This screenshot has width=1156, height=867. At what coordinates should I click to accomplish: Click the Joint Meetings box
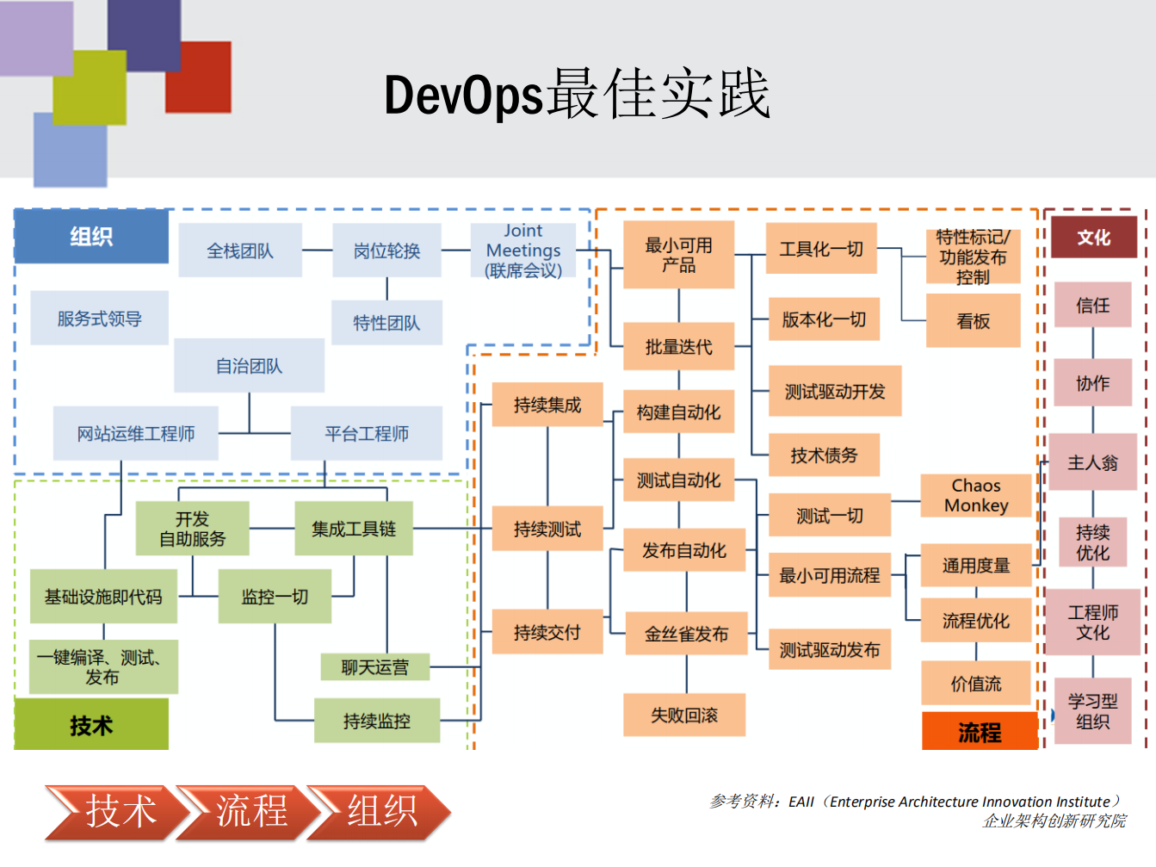click(x=523, y=251)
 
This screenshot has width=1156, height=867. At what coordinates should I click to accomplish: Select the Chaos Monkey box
click(x=975, y=496)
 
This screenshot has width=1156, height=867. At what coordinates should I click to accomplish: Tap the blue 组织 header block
click(x=91, y=237)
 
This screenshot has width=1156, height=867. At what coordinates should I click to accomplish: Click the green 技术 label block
click(x=91, y=725)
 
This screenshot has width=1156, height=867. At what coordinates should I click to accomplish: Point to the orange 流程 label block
click(x=980, y=732)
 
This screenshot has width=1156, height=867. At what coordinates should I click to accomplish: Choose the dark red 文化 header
click(x=1093, y=238)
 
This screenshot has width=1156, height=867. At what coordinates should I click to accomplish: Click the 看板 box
click(x=973, y=321)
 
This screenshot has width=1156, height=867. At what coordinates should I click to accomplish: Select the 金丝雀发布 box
click(x=686, y=635)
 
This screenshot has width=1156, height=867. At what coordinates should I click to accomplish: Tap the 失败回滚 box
click(x=683, y=715)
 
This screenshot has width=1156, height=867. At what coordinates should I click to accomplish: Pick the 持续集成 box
click(x=547, y=405)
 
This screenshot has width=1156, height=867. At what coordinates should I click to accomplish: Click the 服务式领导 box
click(x=99, y=319)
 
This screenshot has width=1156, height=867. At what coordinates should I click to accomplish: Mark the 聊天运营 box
click(x=374, y=667)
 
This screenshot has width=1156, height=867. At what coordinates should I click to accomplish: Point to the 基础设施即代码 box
click(x=103, y=597)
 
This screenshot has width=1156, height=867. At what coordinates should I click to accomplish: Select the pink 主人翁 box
click(x=1092, y=463)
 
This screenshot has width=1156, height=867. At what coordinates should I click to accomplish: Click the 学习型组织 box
click(x=1092, y=712)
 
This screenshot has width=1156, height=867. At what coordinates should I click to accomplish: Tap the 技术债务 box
click(x=824, y=455)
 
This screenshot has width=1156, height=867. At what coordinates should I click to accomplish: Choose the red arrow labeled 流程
click(x=250, y=811)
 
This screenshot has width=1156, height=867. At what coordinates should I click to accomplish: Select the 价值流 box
click(x=975, y=684)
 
